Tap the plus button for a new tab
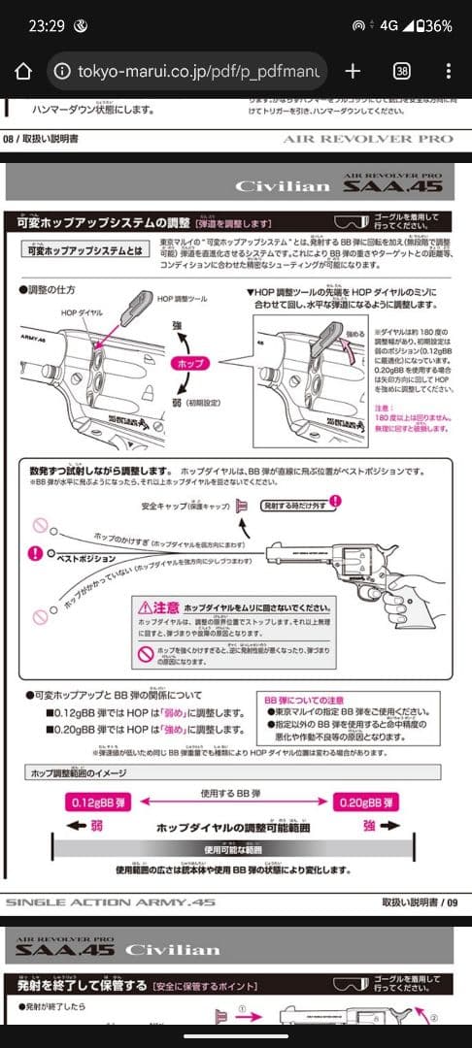click(353, 72)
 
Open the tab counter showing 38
click(401, 72)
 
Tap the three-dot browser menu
click(448, 72)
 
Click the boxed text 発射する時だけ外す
click(292, 504)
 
